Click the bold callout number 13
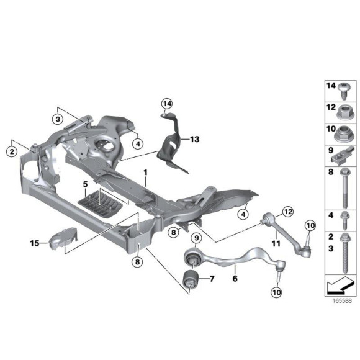[194, 140]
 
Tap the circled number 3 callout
[58, 119]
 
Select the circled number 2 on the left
[12, 151]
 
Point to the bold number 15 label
[35, 243]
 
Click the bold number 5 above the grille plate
[85, 184]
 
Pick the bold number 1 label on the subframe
[145, 173]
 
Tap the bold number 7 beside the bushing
[212, 279]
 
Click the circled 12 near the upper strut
[288, 212]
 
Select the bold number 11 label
[276, 243]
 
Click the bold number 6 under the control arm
[235, 279]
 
